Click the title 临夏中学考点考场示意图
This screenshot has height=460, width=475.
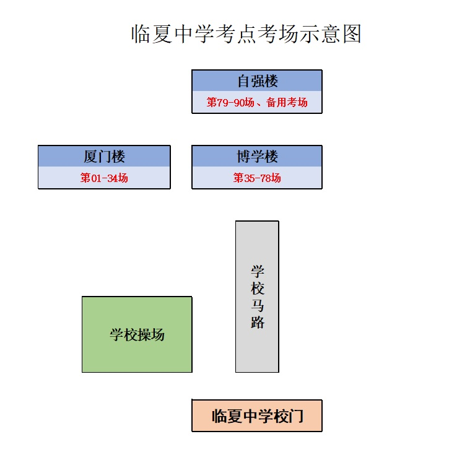click(x=246, y=35)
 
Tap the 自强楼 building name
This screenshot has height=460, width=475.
click(x=257, y=81)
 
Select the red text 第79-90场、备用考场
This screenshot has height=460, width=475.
click(x=257, y=102)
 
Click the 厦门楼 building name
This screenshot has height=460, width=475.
click(x=104, y=157)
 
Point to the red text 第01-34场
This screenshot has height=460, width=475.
click(x=104, y=178)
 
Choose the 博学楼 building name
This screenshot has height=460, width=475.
click(x=257, y=157)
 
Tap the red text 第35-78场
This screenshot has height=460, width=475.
click(x=257, y=178)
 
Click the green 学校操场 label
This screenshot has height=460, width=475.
click(x=137, y=335)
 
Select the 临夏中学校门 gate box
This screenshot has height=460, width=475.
click(x=257, y=415)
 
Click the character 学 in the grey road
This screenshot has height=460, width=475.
click(x=257, y=271)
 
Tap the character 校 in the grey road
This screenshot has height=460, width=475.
click(x=257, y=289)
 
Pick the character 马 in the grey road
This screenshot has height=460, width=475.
click(x=257, y=306)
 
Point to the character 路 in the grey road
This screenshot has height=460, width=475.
click(x=257, y=323)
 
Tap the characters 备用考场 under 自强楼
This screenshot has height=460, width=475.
click(x=287, y=102)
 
